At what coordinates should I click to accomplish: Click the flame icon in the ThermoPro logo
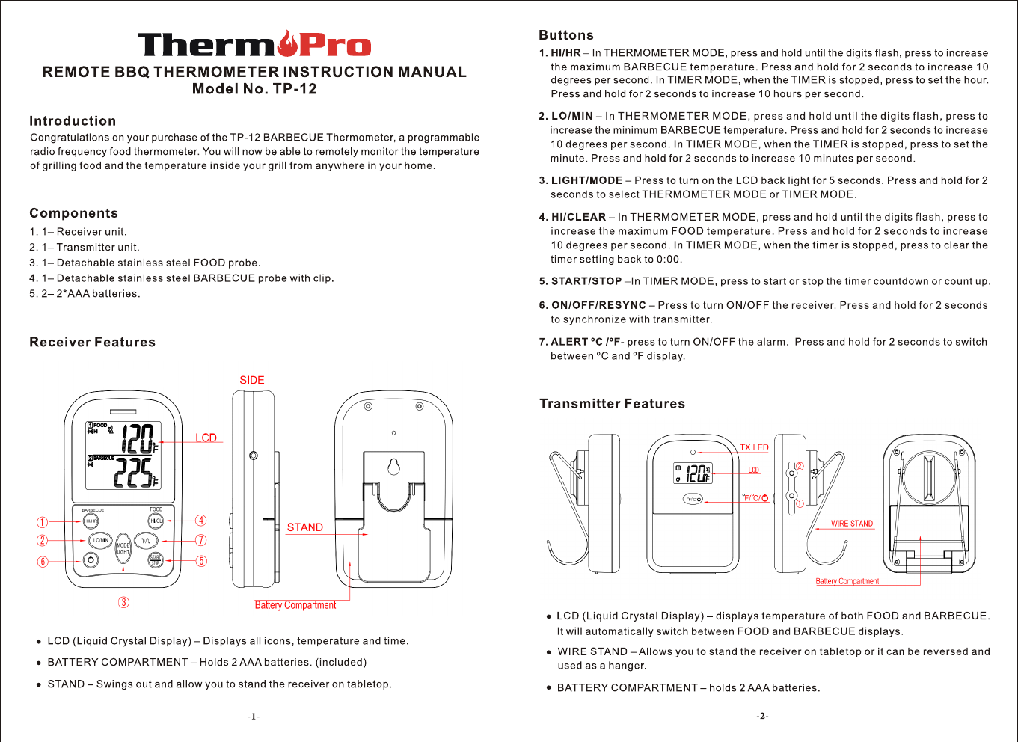[x=287, y=43]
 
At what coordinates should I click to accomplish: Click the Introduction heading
[x=73, y=121]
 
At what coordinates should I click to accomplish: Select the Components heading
[x=73, y=213]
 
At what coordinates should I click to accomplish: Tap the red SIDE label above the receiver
[x=252, y=380]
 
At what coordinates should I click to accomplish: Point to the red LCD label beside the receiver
[x=206, y=438]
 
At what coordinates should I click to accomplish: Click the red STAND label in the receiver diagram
[x=305, y=527]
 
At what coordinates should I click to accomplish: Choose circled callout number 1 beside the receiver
[x=43, y=522]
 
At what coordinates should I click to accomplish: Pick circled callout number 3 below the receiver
[x=124, y=602]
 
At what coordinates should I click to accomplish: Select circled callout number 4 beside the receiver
[x=201, y=521]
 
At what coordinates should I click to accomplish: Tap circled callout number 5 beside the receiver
[x=201, y=561]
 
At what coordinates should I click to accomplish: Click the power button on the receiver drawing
[x=91, y=559]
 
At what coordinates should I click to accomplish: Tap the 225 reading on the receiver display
[x=134, y=473]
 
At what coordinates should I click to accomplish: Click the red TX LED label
[x=754, y=447]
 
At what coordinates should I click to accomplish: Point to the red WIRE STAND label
[x=852, y=524]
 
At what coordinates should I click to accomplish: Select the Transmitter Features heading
[x=612, y=404]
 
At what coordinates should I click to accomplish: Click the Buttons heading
[x=566, y=35]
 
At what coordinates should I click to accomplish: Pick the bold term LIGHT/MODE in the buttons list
[x=586, y=180]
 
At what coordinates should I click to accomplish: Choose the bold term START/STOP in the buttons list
[x=586, y=281]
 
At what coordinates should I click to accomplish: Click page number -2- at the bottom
[x=762, y=716]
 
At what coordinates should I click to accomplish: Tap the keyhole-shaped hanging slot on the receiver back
[x=393, y=467]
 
